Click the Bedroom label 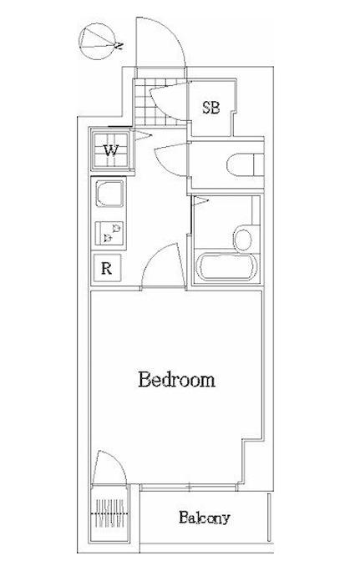(x=176, y=379)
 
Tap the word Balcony (x=205, y=518)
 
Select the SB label (x=210, y=107)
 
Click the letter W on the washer (x=111, y=150)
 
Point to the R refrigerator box (x=107, y=268)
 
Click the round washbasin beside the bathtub (x=243, y=238)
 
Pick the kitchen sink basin (x=109, y=194)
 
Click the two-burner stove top (x=109, y=233)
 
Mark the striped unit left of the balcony (x=110, y=513)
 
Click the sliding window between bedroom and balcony (x=190, y=487)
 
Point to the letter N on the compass (x=119, y=46)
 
